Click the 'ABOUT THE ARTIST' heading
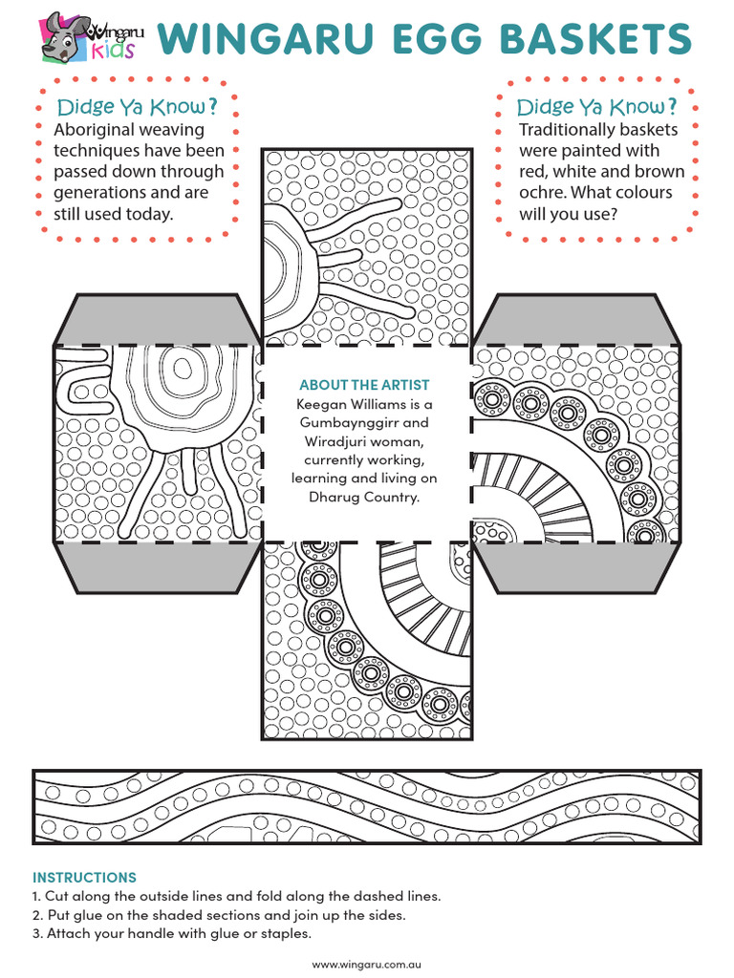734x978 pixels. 364,386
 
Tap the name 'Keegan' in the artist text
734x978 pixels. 323,404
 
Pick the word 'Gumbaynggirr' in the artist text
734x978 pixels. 363,422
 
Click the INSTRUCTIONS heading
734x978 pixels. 84,877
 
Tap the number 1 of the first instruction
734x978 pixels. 36,897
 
